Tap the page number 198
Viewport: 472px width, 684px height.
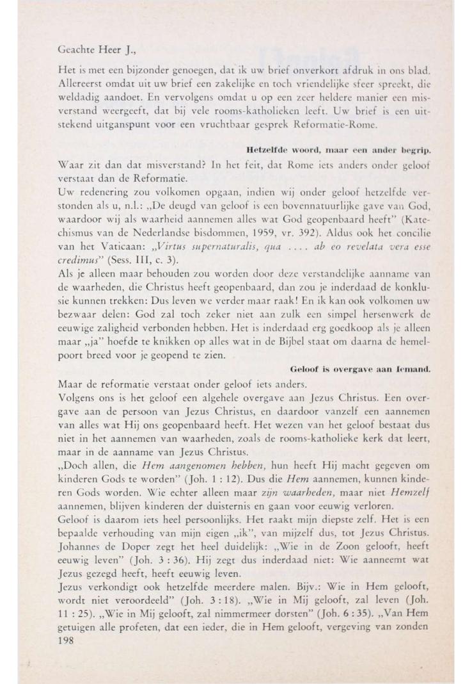(66, 646)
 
